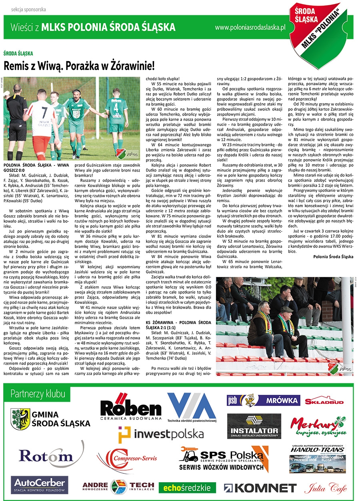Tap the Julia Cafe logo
(325, 487)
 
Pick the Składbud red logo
(324, 401)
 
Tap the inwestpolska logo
(161, 434)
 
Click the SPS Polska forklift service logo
(224, 459)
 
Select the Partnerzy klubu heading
(38, 393)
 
